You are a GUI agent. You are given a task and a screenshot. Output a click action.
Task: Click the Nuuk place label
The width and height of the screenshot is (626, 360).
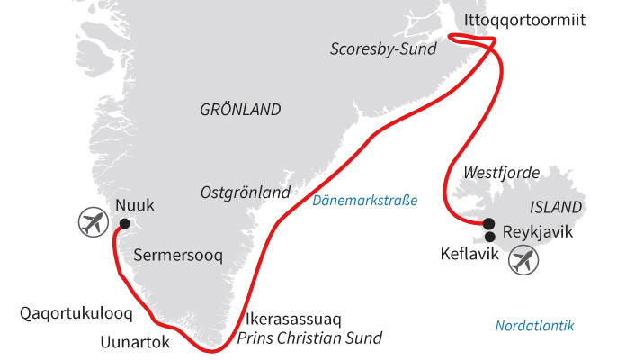[135, 205]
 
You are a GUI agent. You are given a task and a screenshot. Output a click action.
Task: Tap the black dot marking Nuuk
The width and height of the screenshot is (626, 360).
[124, 224]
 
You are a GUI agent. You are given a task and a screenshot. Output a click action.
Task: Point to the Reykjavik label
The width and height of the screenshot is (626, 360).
[538, 232]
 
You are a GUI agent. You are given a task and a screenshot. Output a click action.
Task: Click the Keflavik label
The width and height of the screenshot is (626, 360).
[469, 254]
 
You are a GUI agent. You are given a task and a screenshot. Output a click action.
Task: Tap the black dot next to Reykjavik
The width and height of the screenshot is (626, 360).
[488, 224]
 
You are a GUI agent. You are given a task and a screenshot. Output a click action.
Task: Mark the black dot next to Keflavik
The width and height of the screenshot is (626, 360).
[489, 238]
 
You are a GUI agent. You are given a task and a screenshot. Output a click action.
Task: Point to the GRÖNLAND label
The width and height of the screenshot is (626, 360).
[240, 110]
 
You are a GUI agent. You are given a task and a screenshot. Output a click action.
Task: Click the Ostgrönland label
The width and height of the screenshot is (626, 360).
[246, 193]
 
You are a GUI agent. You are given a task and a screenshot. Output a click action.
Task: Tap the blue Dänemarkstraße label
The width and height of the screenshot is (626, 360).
[365, 200]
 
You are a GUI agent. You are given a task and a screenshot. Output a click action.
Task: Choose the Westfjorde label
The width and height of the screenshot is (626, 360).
[501, 171]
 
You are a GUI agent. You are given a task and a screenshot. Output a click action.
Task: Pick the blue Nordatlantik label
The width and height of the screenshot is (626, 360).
[534, 326]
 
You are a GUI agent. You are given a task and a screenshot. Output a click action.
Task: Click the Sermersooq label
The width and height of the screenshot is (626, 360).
[177, 256]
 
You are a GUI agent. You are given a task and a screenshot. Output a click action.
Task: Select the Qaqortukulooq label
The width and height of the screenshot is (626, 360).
[76, 314]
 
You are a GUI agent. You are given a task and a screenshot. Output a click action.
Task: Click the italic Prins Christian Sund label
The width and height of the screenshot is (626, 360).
[309, 338]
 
